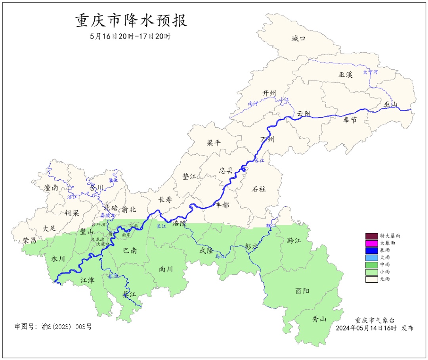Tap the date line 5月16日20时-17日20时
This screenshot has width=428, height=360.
[x=130, y=36]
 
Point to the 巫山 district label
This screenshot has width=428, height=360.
[x=390, y=104]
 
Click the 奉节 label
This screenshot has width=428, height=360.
[x=350, y=119]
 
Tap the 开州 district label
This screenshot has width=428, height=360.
[x=269, y=93]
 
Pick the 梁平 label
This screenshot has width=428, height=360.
[x=214, y=143]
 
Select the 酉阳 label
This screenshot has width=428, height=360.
[x=302, y=291]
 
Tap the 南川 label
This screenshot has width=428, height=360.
[x=166, y=269]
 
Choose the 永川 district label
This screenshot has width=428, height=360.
[x=58, y=259]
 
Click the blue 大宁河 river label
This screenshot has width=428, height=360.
[x=371, y=72]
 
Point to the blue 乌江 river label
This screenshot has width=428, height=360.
[x=220, y=257]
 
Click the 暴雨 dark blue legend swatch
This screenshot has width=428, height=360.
[x=371, y=250]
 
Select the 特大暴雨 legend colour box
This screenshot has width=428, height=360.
[x=371, y=236]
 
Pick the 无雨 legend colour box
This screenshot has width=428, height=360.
[x=371, y=279]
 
